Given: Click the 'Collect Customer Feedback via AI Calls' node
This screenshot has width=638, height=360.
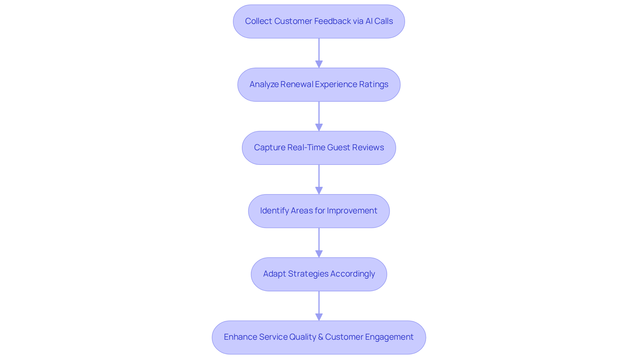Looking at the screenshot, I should tap(319, 21).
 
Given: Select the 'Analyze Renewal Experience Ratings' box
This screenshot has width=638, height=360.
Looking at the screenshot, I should tap(319, 84).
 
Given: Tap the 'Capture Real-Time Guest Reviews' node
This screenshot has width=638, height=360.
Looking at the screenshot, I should tap(319, 148).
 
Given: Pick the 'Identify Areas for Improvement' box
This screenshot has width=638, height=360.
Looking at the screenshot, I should tap(319, 211).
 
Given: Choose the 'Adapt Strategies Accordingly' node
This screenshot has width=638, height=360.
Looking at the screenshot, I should tap(319, 274).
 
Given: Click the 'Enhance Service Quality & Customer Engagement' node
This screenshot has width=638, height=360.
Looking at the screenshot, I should tap(319, 337).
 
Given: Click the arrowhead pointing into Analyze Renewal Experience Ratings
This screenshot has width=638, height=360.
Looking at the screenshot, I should tap(319, 64).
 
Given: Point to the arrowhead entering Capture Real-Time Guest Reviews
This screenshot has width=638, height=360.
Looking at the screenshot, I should tap(319, 127).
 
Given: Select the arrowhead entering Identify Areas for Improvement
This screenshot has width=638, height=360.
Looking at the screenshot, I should tap(319, 190).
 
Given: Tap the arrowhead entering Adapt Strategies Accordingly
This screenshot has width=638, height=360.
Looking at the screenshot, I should tap(319, 254).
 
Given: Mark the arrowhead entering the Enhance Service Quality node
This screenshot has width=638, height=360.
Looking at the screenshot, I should tap(319, 317).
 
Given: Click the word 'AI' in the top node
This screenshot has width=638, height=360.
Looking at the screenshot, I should tap(369, 21).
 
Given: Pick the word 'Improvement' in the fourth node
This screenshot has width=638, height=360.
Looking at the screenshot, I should tap(352, 211).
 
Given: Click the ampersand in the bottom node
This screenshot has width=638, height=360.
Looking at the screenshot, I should tap(321, 337).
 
